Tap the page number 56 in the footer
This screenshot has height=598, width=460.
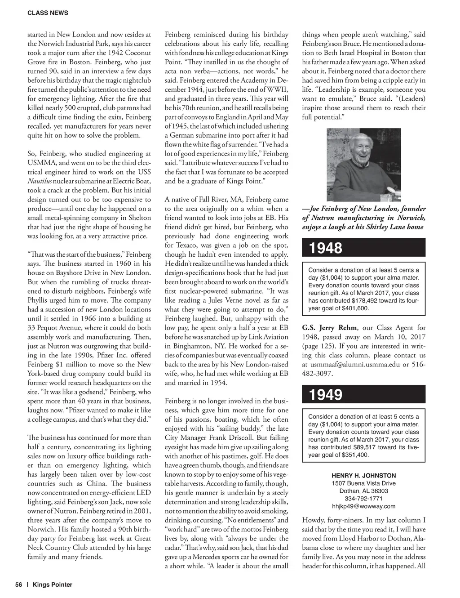(x=19, y=585)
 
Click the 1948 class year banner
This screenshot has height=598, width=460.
(x=326, y=248)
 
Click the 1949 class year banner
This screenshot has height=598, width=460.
(x=326, y=395)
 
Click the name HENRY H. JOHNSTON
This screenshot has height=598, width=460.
(x=363, y=475)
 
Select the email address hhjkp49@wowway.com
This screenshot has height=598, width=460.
(x=363, y=506)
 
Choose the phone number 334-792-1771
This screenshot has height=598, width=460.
(x=363, y=499)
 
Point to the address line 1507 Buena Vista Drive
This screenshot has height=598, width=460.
(x=363, y=483)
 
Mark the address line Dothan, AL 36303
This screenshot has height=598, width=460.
(x=363, y=491)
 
